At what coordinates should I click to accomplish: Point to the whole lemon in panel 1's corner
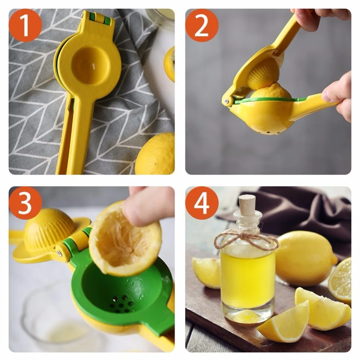pyautogui.click(x=156, y=155)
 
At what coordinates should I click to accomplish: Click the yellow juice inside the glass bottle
pyautogui.click(x=248, y=279)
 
